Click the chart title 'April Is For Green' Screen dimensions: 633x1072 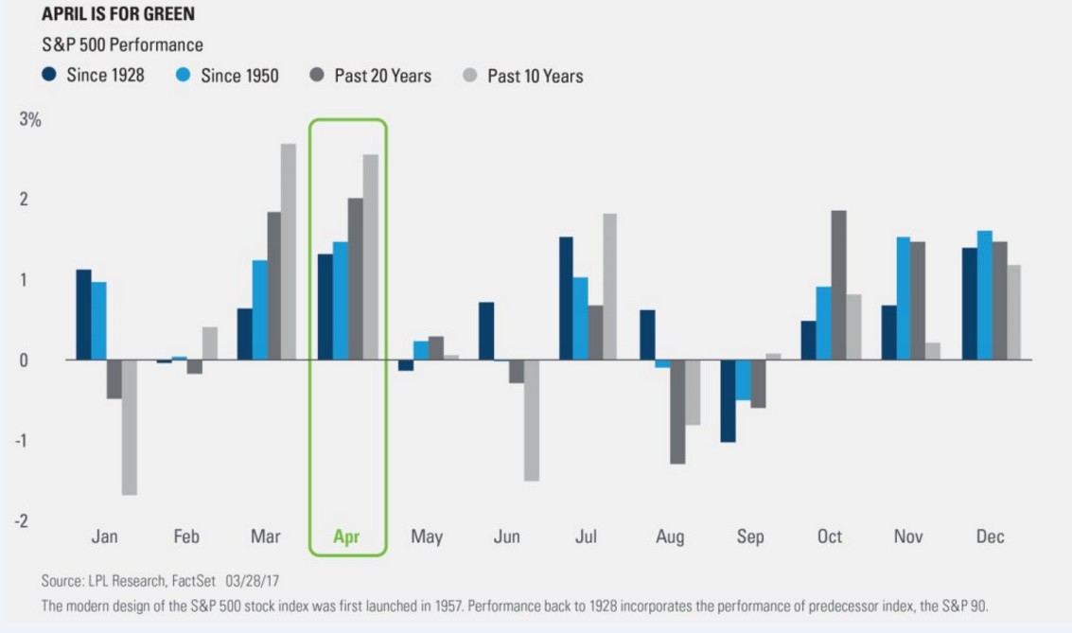(x=118, y=15)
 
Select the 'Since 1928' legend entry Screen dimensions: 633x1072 (x=94, y=75)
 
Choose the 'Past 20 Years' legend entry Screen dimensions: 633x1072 (x=371, y=75)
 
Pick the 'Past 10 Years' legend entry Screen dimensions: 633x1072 (x=523, y=75)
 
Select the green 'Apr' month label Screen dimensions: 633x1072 (x=347, y=536)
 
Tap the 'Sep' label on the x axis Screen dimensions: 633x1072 (x=749, y=536)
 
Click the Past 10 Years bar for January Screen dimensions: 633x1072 (x=130, y=427)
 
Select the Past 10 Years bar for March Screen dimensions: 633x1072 (x=289, y=252)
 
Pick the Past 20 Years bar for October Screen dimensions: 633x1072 (x=838, y=285)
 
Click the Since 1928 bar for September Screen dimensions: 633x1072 (x=728, y=401)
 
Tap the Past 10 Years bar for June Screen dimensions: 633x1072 (x=532, y=420)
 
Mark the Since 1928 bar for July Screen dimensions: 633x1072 (x=566, y=298)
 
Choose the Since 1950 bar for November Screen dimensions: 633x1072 (x=904, y=298)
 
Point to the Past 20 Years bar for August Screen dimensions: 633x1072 (x=677, y=412)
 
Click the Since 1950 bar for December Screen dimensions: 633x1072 (x=984, y=295)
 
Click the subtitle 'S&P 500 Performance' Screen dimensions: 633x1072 (x=122, y=44)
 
